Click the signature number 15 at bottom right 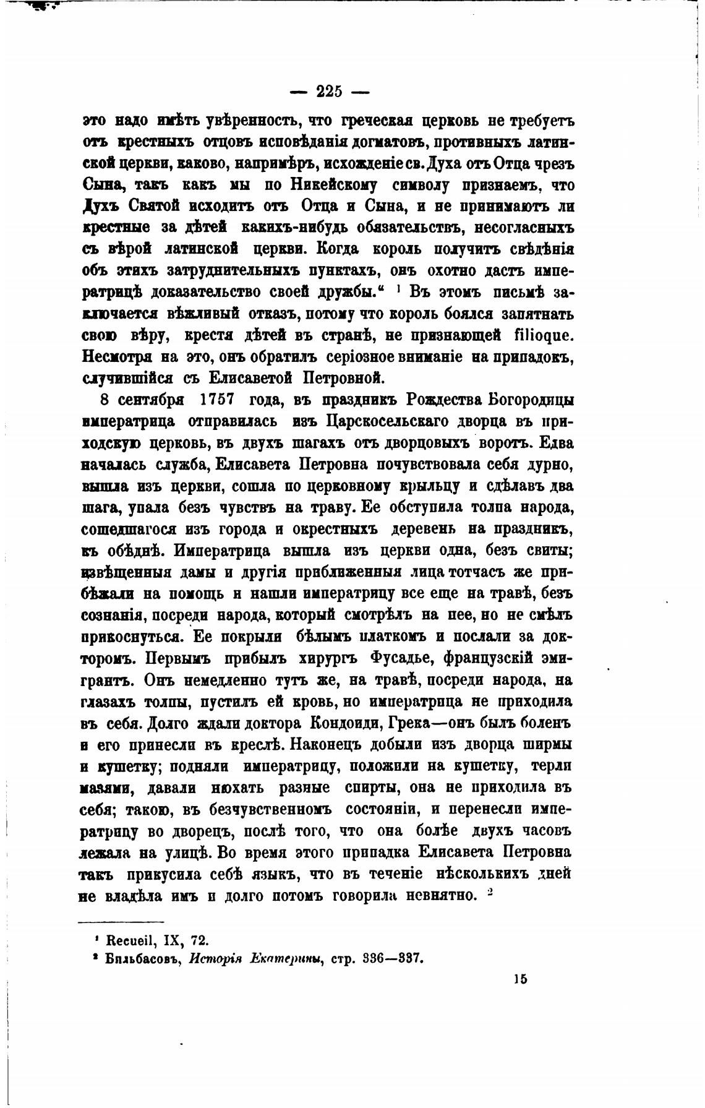(519, 979)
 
